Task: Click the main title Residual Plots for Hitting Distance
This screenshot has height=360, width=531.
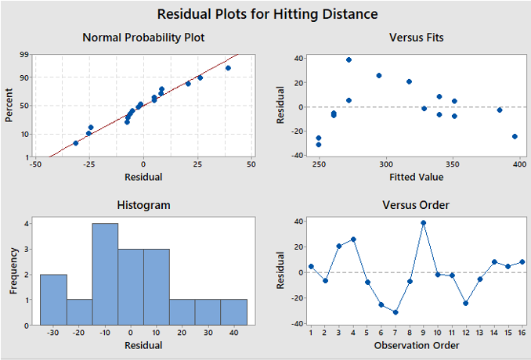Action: [267, 14]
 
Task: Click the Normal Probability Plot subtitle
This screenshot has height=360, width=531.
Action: [143, 38]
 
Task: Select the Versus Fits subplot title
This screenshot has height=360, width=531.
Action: [416, 38]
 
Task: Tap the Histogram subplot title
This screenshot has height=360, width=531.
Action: [143, 205]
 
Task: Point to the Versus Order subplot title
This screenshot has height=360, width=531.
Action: [416, 205]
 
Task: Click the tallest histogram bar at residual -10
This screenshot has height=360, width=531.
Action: [105, 274]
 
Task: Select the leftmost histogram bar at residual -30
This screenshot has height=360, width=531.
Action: [53, 300]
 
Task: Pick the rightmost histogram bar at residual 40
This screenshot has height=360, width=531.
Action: [233, 312]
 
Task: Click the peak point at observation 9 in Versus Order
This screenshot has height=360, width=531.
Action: [424, 222]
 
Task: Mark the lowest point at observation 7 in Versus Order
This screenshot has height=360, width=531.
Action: [396, 312]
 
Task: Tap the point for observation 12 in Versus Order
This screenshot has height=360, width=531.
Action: [465, 303]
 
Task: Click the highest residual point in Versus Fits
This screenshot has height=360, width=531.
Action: [349, 59]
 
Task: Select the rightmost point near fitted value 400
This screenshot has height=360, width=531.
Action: [515, 136]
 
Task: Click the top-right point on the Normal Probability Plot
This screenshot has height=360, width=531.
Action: [228, 68]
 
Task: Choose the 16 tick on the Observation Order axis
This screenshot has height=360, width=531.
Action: [522, 333]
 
